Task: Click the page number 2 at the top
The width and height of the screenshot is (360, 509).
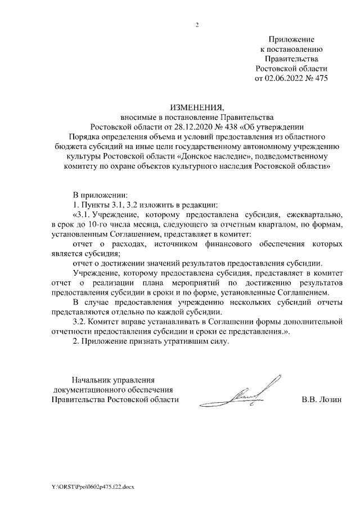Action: tap(197, 25)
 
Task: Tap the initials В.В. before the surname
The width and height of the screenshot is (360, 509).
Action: tap(309, 400)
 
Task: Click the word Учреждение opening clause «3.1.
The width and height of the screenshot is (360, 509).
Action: tap(117, 215)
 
